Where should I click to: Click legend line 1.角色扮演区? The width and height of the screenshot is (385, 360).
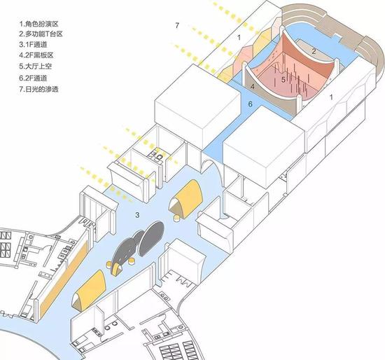38,24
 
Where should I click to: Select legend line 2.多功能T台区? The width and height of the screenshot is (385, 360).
41,34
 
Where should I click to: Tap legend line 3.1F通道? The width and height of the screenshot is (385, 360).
33,45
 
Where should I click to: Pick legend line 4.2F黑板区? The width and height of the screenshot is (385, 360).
36,55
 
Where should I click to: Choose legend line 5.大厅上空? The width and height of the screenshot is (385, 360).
36,67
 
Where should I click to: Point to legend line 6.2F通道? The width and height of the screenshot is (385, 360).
33,78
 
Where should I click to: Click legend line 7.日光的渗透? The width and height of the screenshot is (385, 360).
38,89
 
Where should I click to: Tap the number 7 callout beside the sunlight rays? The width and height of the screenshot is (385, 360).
177,25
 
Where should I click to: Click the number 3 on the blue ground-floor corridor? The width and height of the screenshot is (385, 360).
137,215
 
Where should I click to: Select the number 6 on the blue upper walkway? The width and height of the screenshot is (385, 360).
250,104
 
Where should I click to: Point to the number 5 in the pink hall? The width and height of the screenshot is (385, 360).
283,80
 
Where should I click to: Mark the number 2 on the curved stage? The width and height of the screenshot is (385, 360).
314,51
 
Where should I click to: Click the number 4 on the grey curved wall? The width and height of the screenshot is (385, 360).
253,87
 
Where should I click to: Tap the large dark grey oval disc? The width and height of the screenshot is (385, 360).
151,238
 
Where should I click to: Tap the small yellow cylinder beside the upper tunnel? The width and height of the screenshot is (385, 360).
176,219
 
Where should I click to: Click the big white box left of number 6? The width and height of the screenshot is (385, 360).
197,106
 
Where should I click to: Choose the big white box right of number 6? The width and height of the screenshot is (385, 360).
265,145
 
